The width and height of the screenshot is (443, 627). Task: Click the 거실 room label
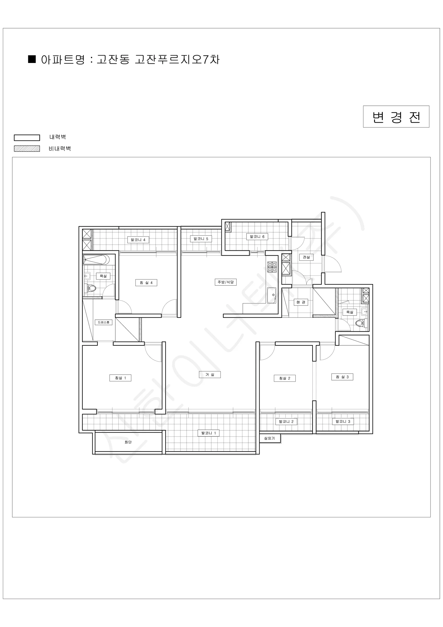pyautogui.click(x=209, y=375)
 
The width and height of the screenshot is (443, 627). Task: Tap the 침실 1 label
pyautogui.click(x=120, y=378)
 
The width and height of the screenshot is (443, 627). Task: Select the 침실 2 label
pyautogui.click(x=285, y=378)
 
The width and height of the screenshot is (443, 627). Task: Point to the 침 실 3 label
pyautogui.click(x=342, y=377)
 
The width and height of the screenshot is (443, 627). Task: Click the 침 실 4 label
pyautogui.click(x=146, y=283)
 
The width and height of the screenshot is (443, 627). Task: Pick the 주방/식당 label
pyautogui.click(x=226, y=282)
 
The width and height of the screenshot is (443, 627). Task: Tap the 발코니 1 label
pyautogui.click(x=208, y=433)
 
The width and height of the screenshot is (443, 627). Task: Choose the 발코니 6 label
pyautogui.click(x=257, y=236)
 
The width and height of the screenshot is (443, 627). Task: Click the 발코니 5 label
pyautogui.click(x=201, y=239)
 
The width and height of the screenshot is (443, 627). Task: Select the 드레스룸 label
pyautogui.click(x=103, y=322)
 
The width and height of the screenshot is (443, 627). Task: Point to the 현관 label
pyautogui.click(x=301, y=302)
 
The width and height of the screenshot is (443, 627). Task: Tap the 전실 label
pyautogui.click(x=306, y=257)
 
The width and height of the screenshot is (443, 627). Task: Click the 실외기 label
pyautogui.click(x=269, y=438)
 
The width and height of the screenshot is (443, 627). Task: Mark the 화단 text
pyautogui.click(x=128, y=442)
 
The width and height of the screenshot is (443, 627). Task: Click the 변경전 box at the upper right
pyautogui.click(x=396, y=117)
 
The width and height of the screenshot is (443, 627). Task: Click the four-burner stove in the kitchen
pyautogui.click(x=272, y=267)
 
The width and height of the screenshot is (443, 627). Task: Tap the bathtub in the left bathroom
pyautogui.click(x=96, y=260)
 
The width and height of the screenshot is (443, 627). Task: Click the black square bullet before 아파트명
pyautogui.click(x=32, y=59)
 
